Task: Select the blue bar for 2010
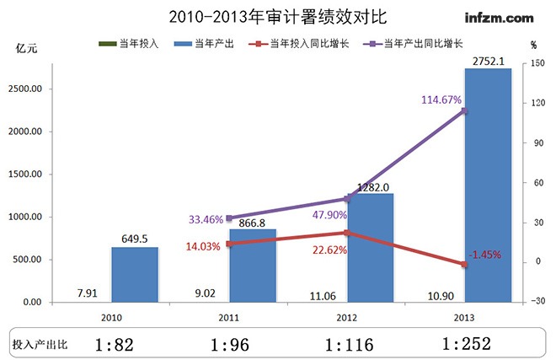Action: [135, 274]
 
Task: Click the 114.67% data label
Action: [441, 99]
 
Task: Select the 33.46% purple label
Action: [206, 219]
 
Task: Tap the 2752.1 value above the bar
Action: [488, 61]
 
